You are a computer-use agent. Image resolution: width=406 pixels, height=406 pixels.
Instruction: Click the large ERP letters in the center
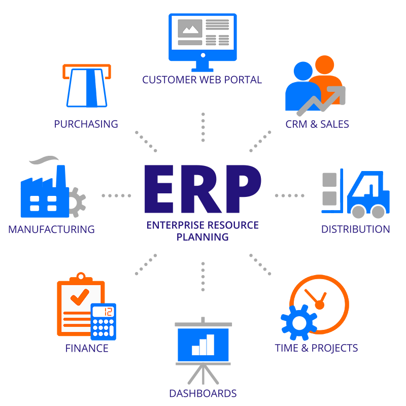[202, 189]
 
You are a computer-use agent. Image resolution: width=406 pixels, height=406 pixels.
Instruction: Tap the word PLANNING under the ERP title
[202, 237]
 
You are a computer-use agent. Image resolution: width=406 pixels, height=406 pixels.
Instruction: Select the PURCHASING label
[86, 124]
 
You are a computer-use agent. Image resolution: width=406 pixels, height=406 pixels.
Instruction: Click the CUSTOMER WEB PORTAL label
[202, 80]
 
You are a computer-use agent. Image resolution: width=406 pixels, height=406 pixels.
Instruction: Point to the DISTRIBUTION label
[356, 229]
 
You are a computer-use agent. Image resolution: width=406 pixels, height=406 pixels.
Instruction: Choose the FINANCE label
[87, 348]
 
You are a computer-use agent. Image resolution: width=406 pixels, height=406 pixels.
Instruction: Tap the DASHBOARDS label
[202, 393]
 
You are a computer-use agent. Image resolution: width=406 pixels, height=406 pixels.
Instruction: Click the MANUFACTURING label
[52, 229]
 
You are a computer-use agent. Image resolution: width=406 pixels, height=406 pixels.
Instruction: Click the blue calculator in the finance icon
[104, 321]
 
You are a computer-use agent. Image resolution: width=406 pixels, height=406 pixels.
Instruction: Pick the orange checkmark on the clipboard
[80, 297]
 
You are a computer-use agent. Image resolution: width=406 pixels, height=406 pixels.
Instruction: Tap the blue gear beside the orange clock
[299, 323]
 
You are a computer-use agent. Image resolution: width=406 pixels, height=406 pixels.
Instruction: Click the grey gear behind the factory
[77, 202]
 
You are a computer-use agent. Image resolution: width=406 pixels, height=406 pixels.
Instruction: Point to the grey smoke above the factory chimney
[44, 160]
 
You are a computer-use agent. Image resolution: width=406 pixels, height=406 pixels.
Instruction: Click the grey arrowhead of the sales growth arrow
[338, 94]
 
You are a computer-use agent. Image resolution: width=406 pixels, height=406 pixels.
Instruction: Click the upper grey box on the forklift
[329, 180]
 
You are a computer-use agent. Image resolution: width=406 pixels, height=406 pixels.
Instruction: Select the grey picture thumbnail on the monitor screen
[190, 28]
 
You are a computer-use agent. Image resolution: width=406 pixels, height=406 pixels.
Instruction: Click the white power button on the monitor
[203, 55]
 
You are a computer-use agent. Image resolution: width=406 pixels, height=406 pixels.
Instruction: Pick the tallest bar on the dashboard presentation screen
[211, 345]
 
